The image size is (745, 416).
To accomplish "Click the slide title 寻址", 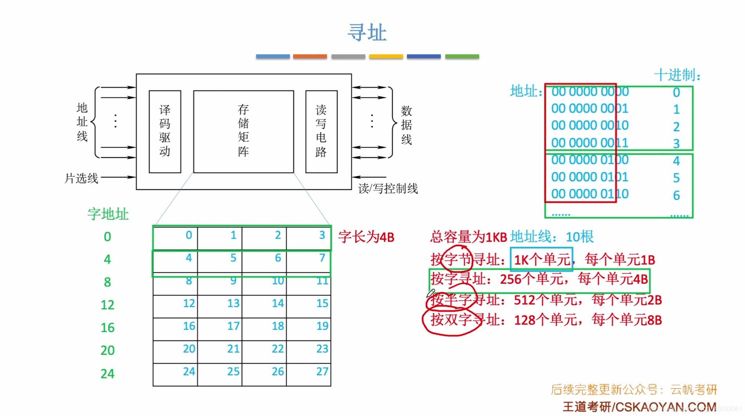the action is click(367, 33).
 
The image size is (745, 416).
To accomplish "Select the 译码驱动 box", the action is click(165, 131).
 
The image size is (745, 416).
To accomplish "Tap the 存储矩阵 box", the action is click(243, 131).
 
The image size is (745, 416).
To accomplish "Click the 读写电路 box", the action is click(321, 131).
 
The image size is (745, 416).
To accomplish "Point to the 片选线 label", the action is click(81, 179).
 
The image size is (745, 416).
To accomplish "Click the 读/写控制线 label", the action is click(388, 189).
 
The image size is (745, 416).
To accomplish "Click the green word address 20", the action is click(107, 350).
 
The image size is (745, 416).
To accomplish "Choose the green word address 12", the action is click(107, 305).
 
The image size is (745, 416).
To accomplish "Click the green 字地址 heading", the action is click(108, 214).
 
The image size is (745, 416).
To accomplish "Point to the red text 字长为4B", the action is click(366, 237).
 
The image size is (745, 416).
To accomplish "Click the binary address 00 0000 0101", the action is click(589, 177).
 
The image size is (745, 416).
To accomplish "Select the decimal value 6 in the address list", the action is click(676, 195).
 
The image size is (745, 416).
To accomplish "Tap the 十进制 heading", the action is click(677, 75).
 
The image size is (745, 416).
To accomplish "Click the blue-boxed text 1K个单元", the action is click(542, 259).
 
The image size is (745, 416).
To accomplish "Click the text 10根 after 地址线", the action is click(580, 237).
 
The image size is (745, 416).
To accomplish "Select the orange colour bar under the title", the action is click(310, 56).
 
